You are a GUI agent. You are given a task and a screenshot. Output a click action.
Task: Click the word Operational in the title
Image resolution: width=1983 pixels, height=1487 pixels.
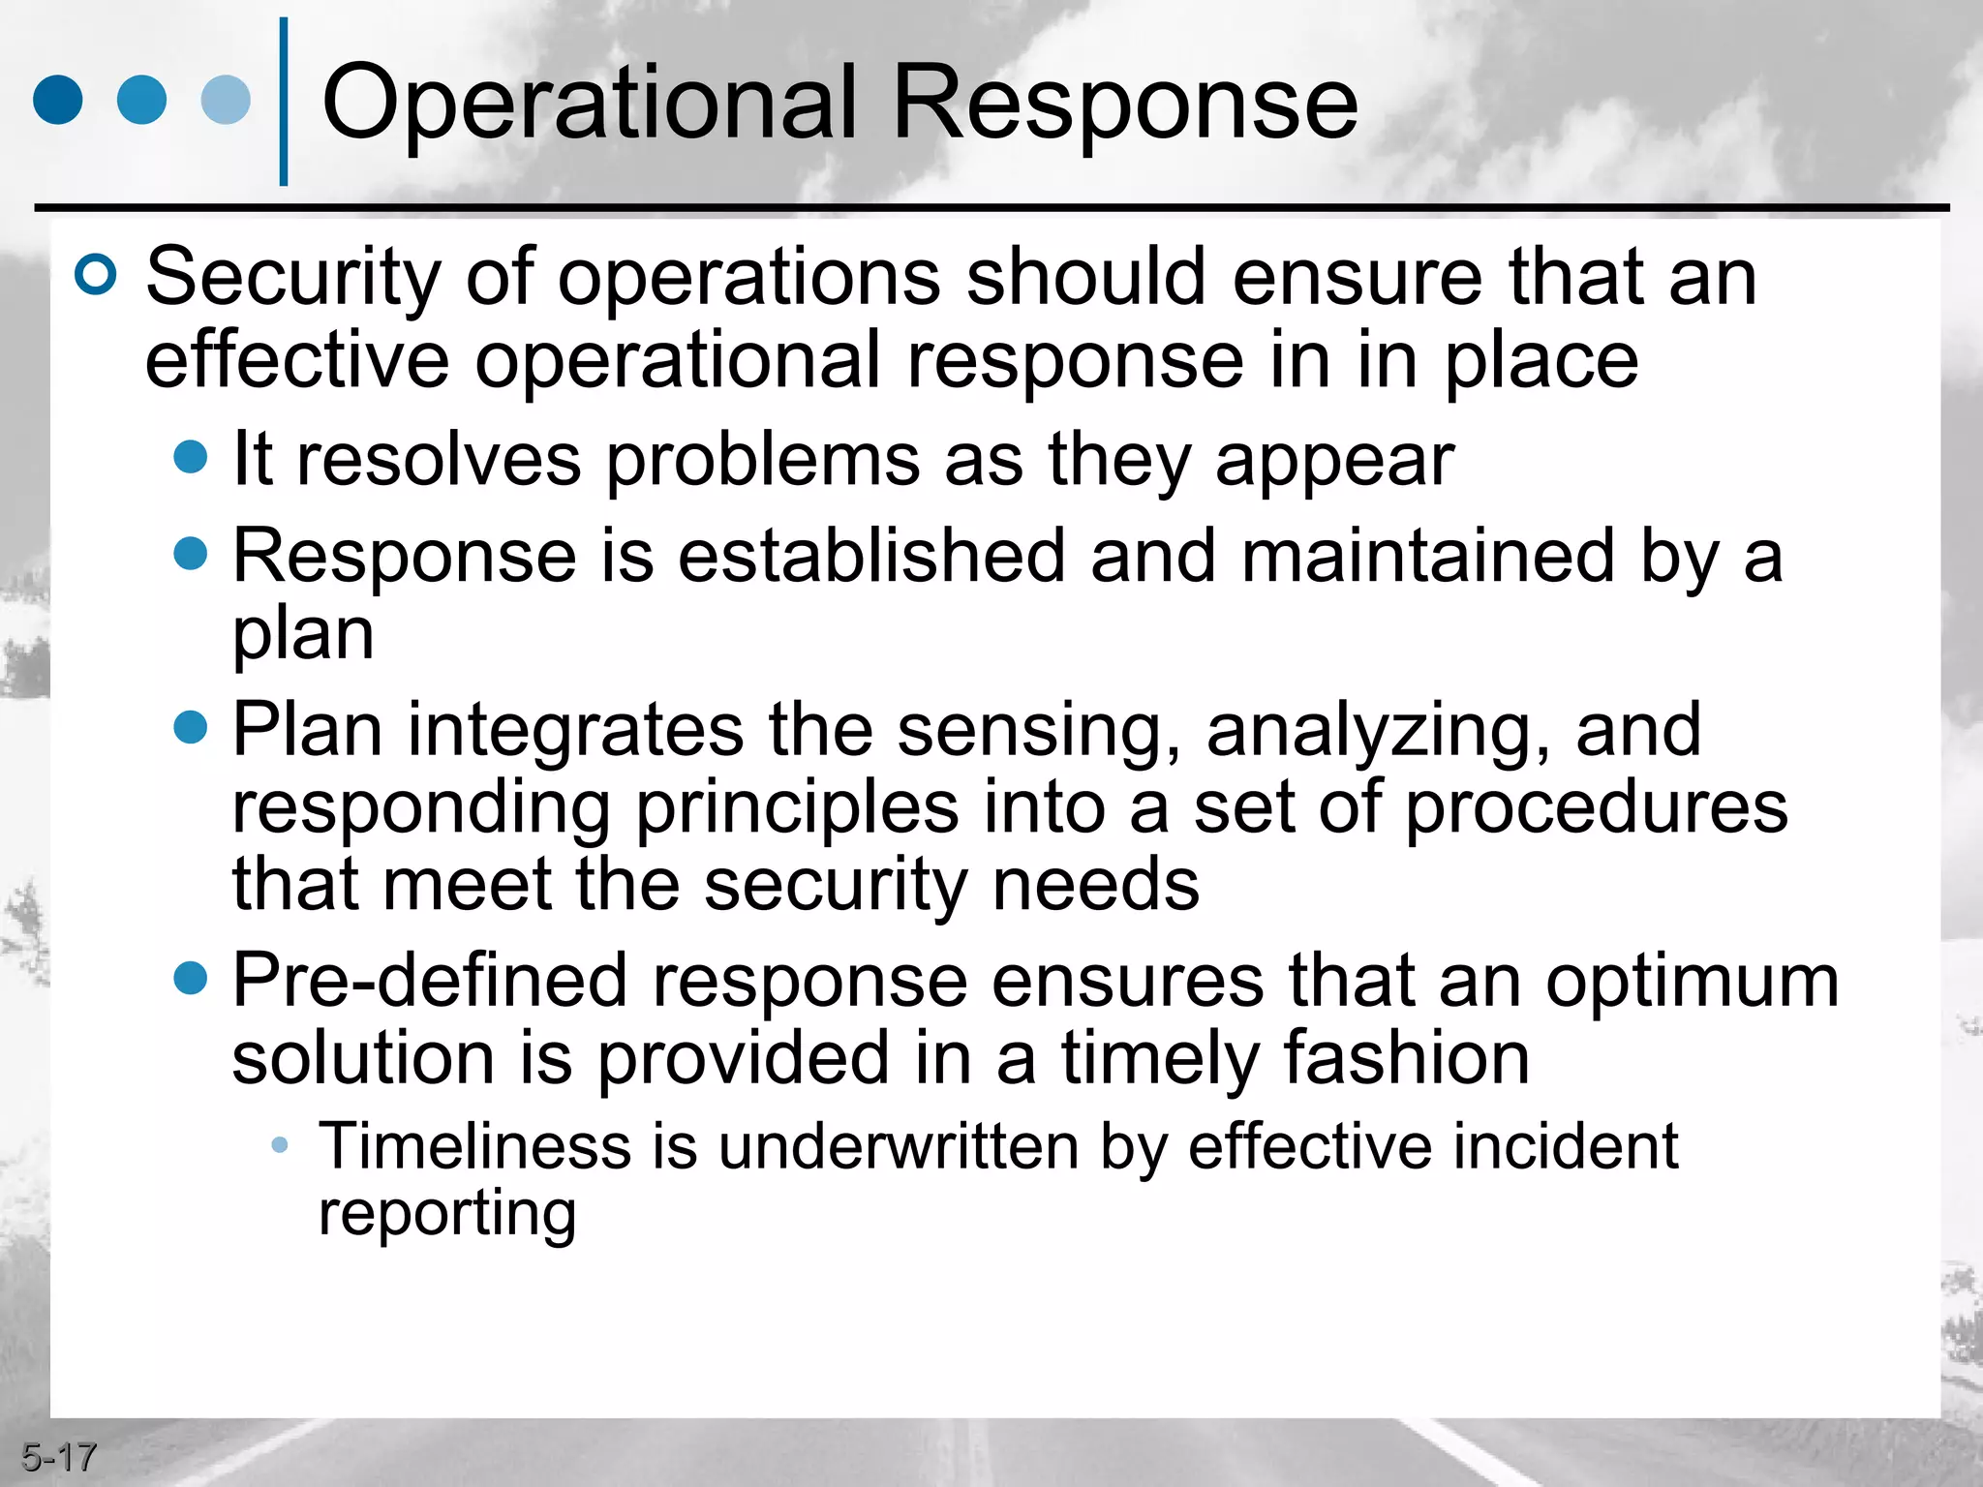pyautogui.click(x=589, y=103)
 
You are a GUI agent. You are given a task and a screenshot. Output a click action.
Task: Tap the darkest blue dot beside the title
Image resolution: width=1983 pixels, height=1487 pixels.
pyautogui.click(x=58, y=100)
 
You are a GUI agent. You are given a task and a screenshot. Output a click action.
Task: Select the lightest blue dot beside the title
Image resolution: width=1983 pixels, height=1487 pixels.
pyautogui.click(x=226, y=100)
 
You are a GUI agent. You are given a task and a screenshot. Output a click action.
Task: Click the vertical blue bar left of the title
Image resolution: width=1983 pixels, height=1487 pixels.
pyautogui.click(x=284, y=102)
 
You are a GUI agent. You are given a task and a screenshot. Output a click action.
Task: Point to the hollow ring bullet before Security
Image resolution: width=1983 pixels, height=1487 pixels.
pyautogui.click(x=96, y=276)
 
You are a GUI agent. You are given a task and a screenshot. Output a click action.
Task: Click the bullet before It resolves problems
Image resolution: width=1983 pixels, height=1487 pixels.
pyautogui.click(x=191, y=457)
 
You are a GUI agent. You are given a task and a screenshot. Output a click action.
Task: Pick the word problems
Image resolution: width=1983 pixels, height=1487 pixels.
pyautogui.click(x=763, y=460)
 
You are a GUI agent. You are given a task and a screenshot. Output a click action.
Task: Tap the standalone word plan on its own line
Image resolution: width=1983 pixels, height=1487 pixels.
pyautogui.click(x=302, y=635)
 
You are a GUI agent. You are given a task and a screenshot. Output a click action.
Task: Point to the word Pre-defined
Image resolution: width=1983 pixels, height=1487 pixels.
pyautogui.click(x=429, y=981)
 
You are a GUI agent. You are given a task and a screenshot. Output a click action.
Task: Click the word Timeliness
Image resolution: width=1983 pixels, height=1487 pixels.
pyautogui.click(x=473, y=1146)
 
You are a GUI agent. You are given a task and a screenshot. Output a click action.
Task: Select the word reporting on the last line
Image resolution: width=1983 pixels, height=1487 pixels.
pyautogui.click(x=446, y=1213)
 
